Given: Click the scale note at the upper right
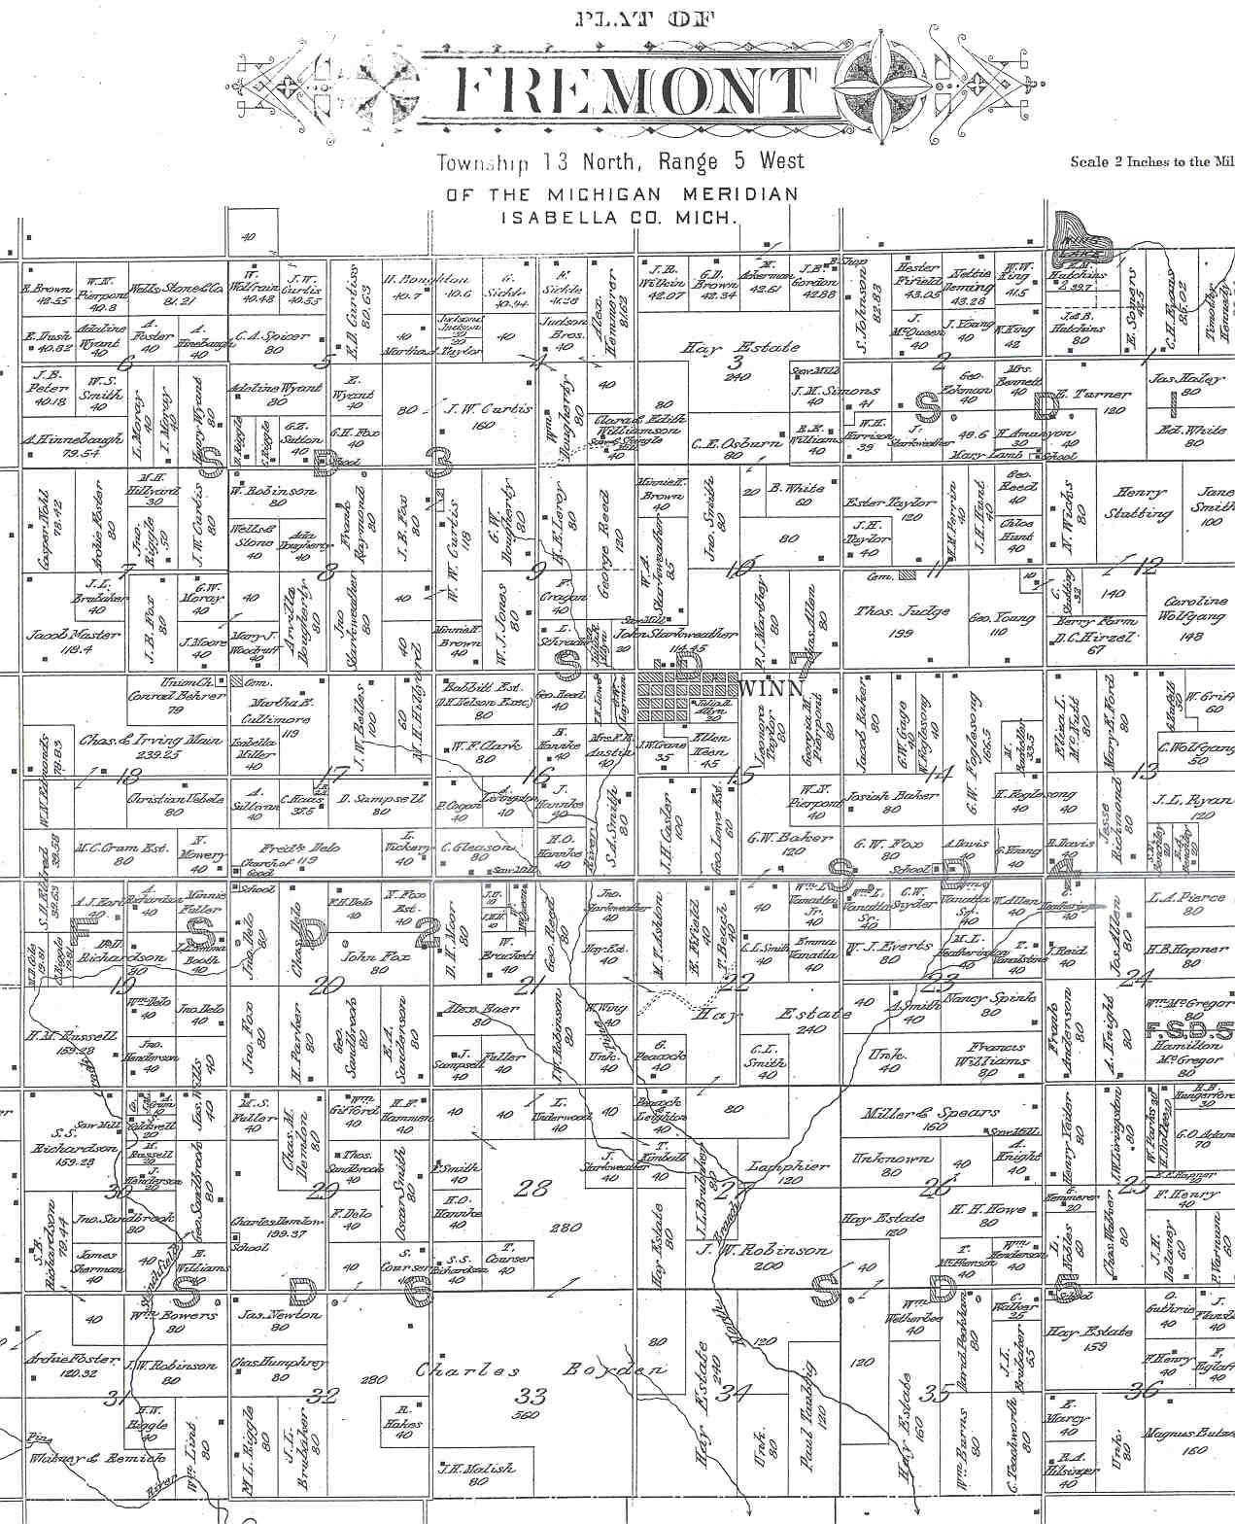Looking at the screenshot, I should pyautogui.click(x=1151, y=162).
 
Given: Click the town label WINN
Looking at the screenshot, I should pyautogui.click(x=772, y=689).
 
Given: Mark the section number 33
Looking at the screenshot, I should pyautogui.click(x=533, y=1397).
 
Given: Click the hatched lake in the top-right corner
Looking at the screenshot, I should pyautogui.click(x=1081, y=234).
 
